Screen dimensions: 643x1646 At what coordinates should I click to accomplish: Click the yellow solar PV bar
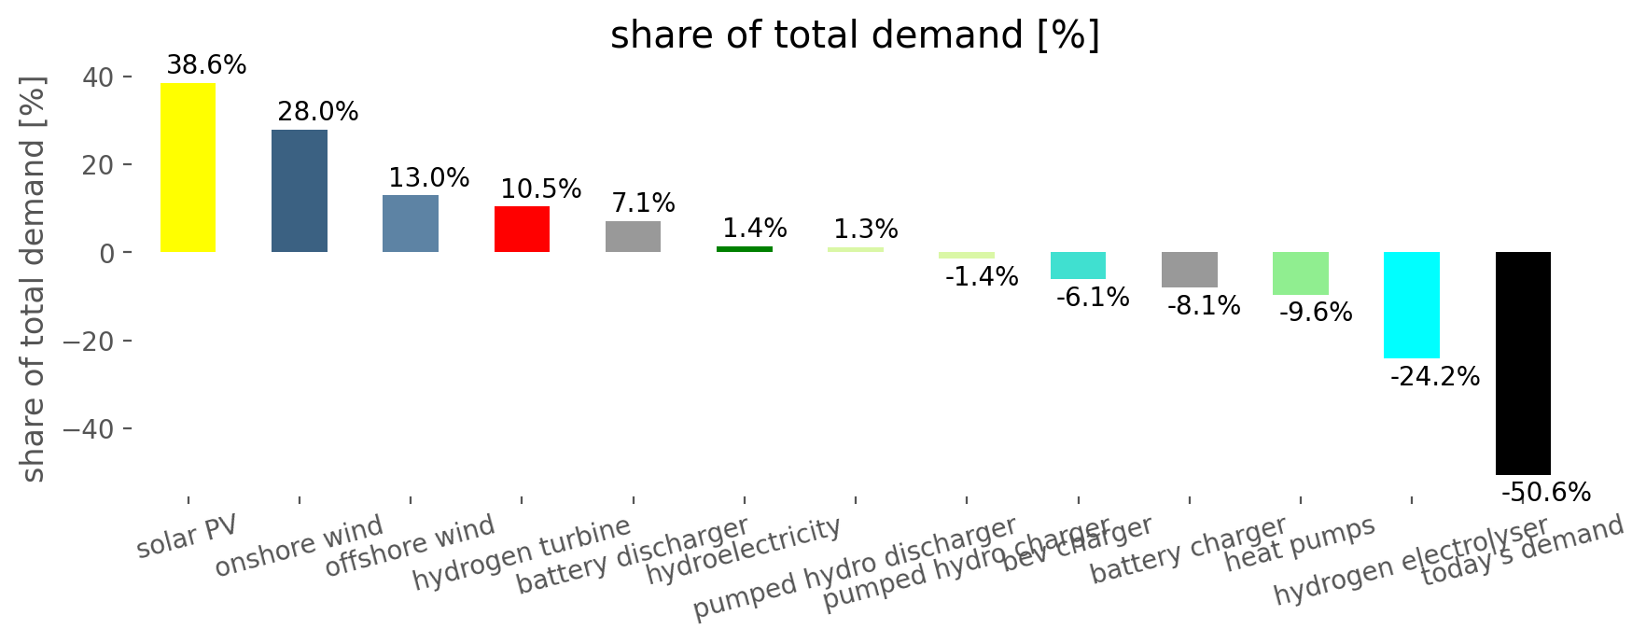coord(188,168)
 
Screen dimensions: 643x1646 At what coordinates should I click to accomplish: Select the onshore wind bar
coord(300,190)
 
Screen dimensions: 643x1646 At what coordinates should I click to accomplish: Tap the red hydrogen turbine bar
coord(522,230)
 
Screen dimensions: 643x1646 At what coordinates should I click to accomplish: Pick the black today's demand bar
coord(1523,363)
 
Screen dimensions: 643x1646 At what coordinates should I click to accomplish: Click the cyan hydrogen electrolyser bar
coord(1411,305)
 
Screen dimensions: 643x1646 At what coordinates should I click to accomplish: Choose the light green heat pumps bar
coord(1300,273)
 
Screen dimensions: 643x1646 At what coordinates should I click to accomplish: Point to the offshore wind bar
coord(411,224)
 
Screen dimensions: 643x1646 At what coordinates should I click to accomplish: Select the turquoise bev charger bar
coord(1078,266)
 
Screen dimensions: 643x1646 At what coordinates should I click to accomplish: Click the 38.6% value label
coord(206,65)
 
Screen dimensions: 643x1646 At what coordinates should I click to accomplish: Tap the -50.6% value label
coord(1545,493)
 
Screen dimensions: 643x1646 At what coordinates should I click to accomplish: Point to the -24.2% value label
coord(1434,377)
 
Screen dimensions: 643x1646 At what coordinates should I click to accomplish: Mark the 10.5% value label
coord(540,189)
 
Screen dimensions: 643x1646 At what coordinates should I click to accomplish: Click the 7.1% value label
coord(643,203)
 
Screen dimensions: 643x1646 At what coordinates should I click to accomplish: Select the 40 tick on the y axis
coord(99,77)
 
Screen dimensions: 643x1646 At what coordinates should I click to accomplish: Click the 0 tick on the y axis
coord(108,253)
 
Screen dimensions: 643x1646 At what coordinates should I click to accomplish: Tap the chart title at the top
coord(855,35)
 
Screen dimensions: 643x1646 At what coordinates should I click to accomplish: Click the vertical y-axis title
coord(33,280)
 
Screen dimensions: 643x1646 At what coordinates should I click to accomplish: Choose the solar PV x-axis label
coord(187,537)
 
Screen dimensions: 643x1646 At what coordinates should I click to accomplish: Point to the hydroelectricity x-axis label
coord(744,552)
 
